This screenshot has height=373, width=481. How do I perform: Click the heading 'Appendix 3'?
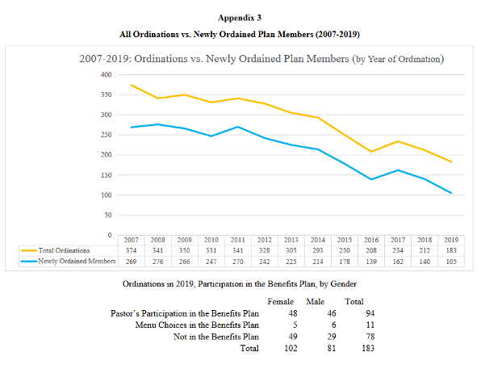point(240,18)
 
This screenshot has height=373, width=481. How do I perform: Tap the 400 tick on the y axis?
point(107,74)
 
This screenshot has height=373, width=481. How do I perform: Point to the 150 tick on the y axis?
point(107,175)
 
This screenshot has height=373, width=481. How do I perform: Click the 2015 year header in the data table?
point(345,240)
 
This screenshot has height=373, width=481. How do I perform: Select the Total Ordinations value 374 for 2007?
point(131,250)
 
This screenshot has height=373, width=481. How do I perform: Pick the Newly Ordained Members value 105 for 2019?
point(451,262)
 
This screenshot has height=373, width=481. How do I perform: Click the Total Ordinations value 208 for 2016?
point(371,250)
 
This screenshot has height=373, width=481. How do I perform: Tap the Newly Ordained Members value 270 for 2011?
point(238,262)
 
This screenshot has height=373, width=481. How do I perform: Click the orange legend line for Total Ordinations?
point(29,250)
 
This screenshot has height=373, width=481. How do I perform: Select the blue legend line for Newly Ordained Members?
point(29,262)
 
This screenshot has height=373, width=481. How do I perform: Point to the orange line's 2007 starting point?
point(131,85)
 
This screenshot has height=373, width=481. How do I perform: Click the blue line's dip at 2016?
point(371,179)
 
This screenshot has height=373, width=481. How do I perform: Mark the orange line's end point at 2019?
point(451,161)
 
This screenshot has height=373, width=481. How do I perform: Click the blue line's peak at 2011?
point(238,127)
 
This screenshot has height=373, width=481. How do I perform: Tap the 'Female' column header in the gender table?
point(280,301)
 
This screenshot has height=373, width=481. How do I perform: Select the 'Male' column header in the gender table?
point(315,301)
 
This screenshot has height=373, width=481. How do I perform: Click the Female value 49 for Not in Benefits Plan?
point(293,337)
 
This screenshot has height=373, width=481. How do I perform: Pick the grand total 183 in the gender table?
point(368,348)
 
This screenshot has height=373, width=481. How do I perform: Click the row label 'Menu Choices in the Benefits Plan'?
point(197,325)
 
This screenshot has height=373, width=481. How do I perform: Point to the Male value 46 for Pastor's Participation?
point(332,313)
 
